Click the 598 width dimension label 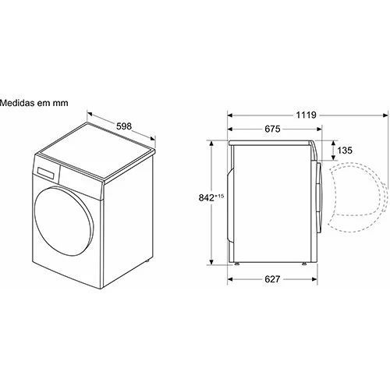pos(124,126)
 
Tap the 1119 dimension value pos(306,115)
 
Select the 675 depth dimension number pos(272,129)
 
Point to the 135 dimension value pos(345,151)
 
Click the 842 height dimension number pos(207,198)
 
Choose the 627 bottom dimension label pos(272,279)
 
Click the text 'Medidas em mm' pos(34,103)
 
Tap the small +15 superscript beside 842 pos(219,196)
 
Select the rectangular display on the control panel pos(46,173)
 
